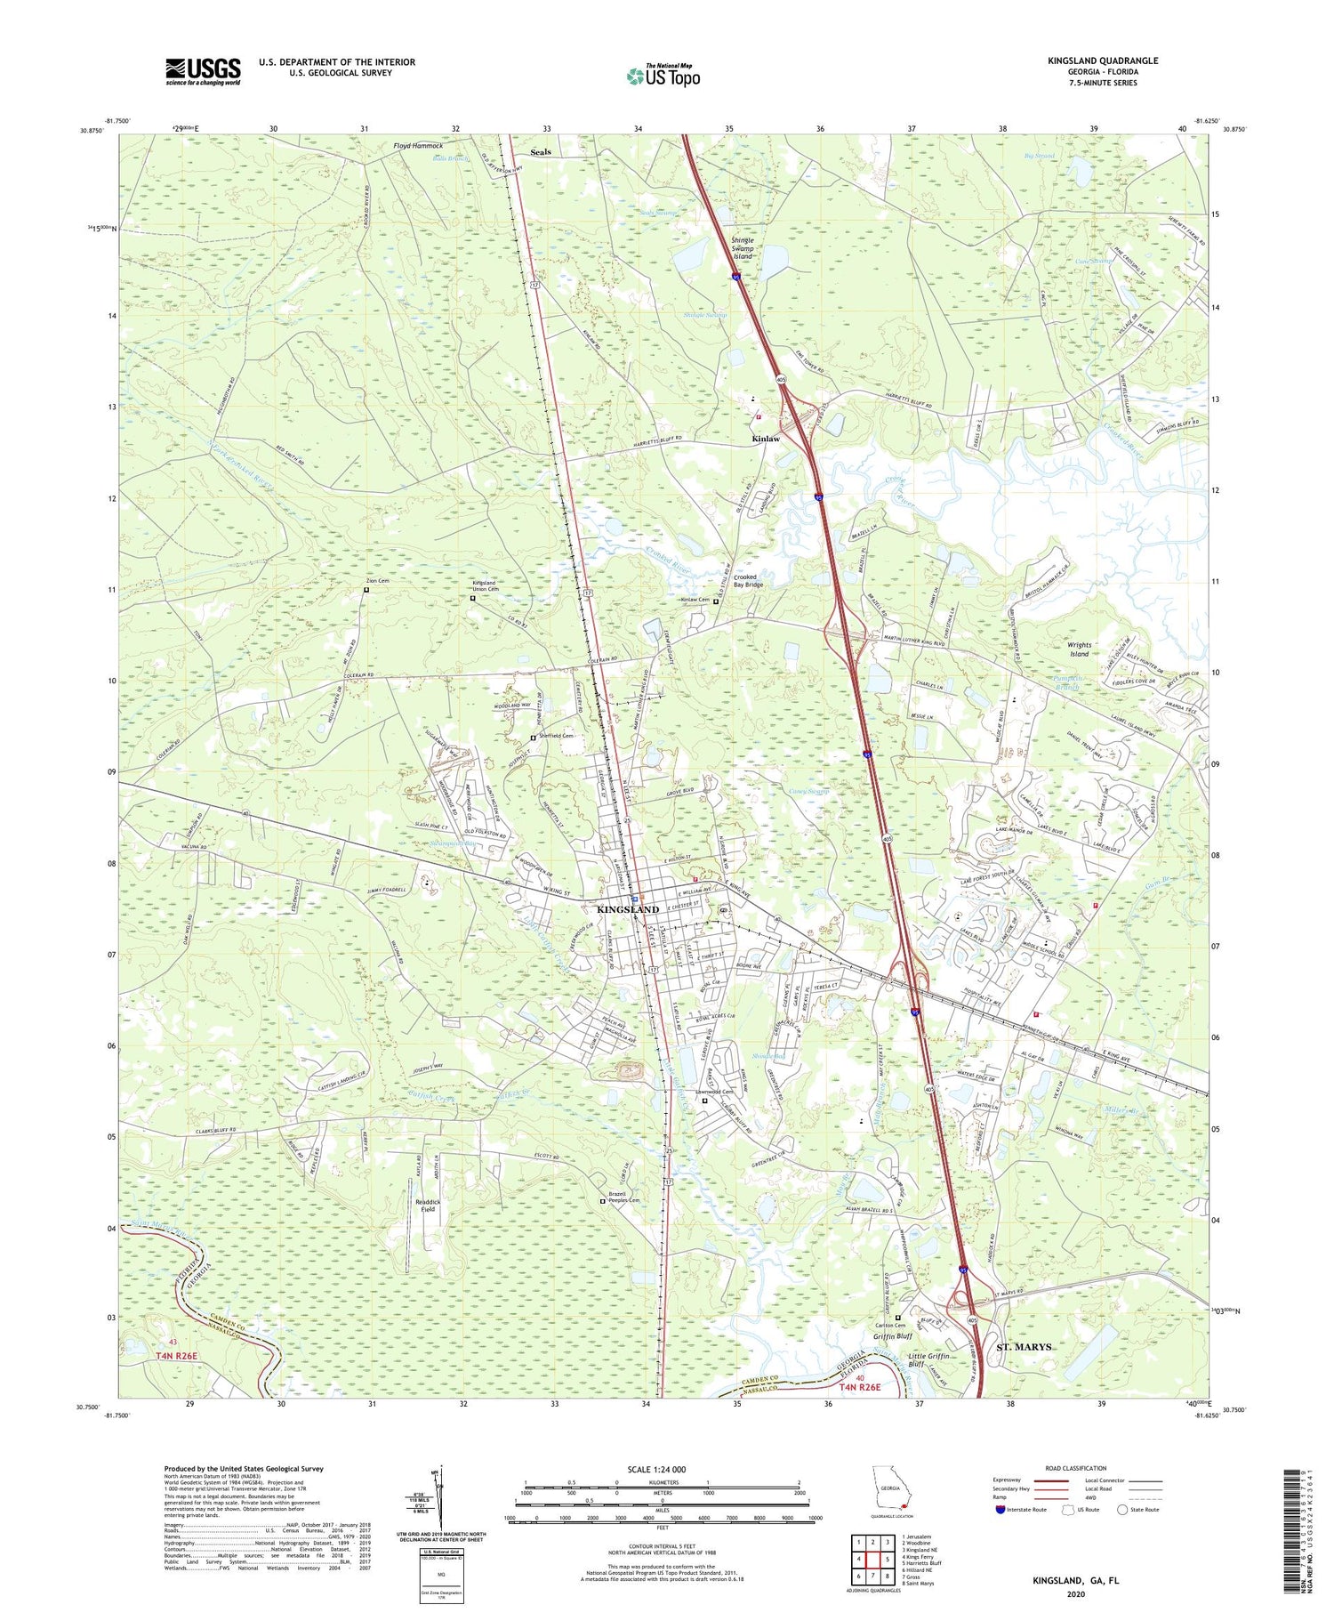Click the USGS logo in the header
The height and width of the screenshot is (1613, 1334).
click(x=203, y=71)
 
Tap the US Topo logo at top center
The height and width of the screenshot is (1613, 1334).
click(x=663, y=76)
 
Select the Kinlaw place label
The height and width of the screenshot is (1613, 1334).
click(x=765, y=439)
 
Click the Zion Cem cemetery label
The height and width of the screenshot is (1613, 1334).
click(x=378, y=581)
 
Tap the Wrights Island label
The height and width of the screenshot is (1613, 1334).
click(x=1079, y=649)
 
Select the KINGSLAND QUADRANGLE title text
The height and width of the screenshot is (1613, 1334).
click(x=1103, y=60)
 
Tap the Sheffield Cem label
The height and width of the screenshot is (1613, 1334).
click(x=554, y=736)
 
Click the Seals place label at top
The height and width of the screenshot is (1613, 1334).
click(x=540, y=152)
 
